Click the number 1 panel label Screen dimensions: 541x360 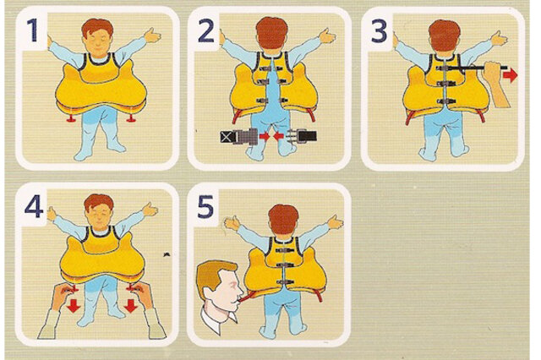click(x=32, y=30)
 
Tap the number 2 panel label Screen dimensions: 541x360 click(x=206, y=30)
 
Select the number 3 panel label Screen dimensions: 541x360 click(x=380, y=30)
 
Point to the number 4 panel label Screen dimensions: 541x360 click(x=34, y=206)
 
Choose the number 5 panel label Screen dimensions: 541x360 click(x=205, y=206)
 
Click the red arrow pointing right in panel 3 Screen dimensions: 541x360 click(x=511, y=75)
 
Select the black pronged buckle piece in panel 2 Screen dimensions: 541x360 click(x=302, y=136)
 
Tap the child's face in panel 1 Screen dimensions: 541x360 click(x=98, y=44)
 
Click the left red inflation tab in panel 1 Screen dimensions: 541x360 click(x=72, y=118)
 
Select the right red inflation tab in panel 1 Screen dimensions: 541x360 click(x=131, y=118)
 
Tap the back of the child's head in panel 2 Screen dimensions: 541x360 click(x=272, y=34)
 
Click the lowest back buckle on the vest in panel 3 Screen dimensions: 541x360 click(x=446, y=101)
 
